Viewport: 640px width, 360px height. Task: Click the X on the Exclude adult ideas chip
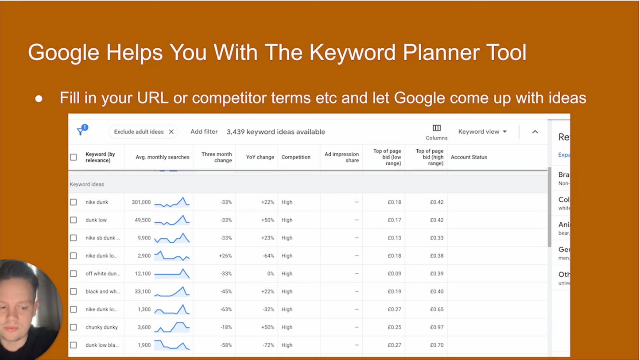[171, 132]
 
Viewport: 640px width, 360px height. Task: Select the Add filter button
[204, 132]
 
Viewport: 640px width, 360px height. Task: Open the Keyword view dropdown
[482, 132]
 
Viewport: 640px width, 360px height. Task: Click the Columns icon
[436, 128]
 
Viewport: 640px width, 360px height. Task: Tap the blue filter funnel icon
[81, 131]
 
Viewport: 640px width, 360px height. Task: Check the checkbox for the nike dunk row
[74, 202]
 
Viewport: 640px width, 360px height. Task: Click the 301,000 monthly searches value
[141, 202]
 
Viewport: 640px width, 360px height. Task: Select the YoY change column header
[260, 157]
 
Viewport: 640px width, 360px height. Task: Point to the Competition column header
[295, 157]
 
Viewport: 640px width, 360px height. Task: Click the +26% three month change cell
[225, 256]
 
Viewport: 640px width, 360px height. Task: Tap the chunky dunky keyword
[101, 327]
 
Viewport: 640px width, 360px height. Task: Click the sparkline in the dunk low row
[172, 220]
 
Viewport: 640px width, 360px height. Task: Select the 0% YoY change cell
[270, 274]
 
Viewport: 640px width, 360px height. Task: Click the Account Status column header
[469, 157]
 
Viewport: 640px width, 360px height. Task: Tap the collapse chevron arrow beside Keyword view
[535, 132]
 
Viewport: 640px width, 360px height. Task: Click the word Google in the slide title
[63, 53]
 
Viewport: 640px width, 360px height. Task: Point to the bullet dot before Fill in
[39, 99]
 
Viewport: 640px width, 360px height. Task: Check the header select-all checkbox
[74, 157]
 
